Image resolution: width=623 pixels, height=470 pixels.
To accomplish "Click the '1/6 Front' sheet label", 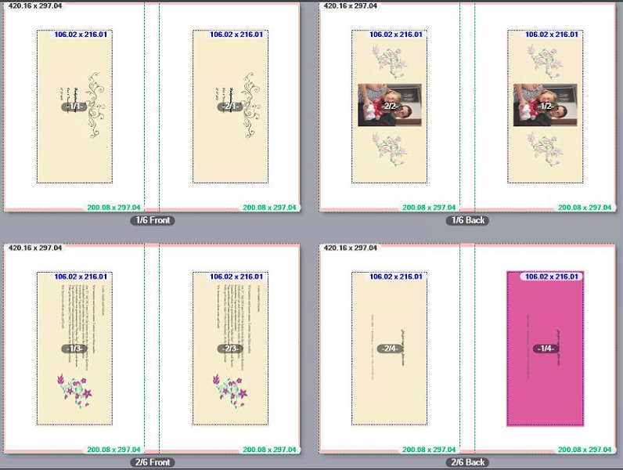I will pos(152,220).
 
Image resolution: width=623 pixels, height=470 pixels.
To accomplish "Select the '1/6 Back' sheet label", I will pos(468,220).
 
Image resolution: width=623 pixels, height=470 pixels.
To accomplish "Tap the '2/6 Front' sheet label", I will pos(152,463).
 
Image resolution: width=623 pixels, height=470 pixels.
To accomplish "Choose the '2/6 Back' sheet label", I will pos(468,463).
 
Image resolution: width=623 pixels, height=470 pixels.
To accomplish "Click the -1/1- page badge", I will pos(75,107).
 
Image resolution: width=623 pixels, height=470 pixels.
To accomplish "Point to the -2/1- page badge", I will pos(231,107).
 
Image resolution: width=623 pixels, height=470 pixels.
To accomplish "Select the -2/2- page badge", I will pos(391,106).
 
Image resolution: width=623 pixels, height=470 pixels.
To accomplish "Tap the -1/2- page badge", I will pos(546,106).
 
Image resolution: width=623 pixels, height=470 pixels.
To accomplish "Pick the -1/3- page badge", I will pos(75,349).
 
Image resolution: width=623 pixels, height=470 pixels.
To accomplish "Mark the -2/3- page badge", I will pos(231,349).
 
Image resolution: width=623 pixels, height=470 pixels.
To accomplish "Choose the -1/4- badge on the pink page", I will pos(546,349).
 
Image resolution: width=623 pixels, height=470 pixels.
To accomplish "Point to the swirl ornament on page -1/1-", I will pos(95,106).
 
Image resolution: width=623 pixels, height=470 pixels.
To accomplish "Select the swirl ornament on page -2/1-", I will pos(251,106).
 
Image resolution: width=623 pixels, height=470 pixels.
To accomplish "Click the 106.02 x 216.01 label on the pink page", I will pos(552,277).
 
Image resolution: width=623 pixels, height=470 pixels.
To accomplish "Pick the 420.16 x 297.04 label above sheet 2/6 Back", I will pos(349,248).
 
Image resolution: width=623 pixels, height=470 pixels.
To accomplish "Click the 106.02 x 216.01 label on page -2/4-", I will pos(396,277).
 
